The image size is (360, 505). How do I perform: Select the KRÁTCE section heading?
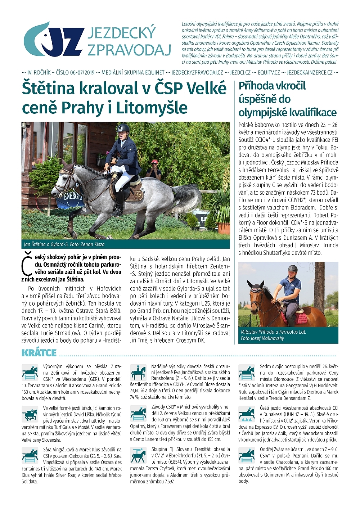tap(39, 353)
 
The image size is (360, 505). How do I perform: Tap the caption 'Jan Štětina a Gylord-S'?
tap(64, 244)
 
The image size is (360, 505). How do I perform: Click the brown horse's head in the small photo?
tap(257, 293)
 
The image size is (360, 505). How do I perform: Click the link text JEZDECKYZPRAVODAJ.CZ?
tap(197, 72)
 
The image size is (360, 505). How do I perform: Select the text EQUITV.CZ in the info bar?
tap(269, 72)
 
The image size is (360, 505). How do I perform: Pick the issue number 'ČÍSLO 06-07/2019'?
tap(75, 72)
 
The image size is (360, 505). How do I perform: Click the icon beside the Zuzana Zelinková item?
tap(30, 372)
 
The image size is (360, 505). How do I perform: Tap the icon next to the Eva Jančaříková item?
tap(138, 372)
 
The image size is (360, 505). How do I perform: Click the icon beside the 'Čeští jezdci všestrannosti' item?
tap(247, 414)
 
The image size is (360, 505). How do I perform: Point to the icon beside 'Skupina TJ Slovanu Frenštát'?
tap(138, 455)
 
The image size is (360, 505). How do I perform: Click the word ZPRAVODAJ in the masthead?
tap(129, 50)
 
